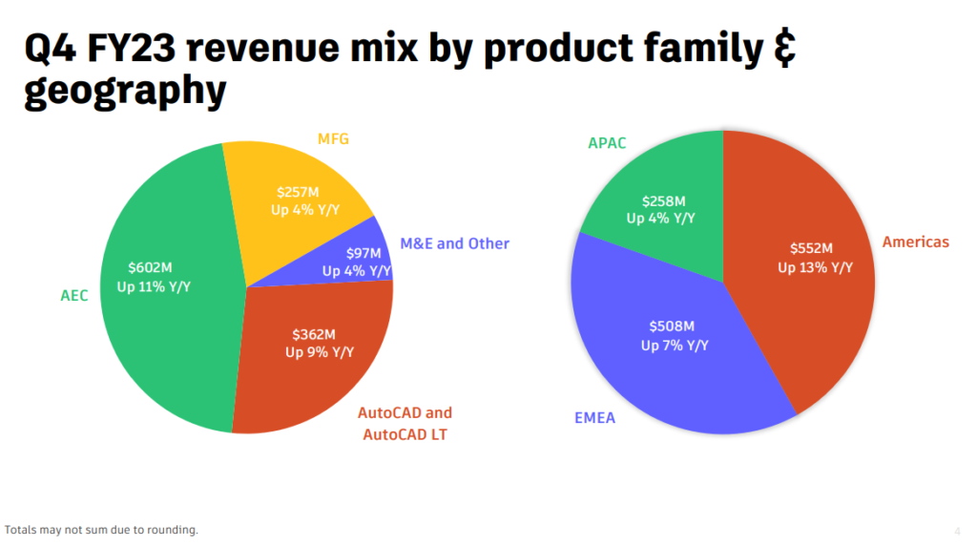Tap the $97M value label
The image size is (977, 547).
pyautogui.click(x=363, y=253)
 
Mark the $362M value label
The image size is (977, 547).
pyautogui.click(x=314, y=334)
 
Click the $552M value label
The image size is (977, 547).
pyautogui.click(x=813, y=248)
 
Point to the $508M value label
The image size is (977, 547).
pyautogui.click(x=674, y=326)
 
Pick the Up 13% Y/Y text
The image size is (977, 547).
pyautogui.click(x=813, y=267)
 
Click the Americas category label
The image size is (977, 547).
pyautogui.click(x=915, y=242)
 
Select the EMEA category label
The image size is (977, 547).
pyautogui.click(x=595, y=417)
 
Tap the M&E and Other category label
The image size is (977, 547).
pyautogui.click(x=454, y=243)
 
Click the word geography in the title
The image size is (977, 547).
pyautogui.click(x=125, y=93)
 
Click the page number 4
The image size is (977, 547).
pyautogui.click(x=957, y=531)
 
